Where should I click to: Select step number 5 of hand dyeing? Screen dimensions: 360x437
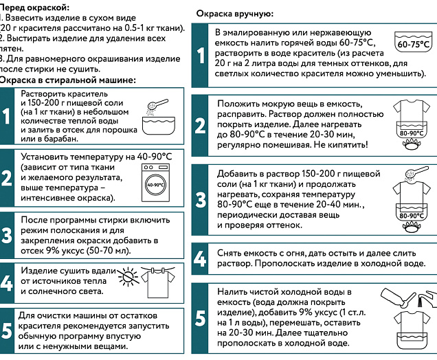tap(201, 318)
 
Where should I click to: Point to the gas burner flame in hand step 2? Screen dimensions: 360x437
tap(414, 146)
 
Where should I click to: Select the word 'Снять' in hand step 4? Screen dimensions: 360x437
tap(229, 252)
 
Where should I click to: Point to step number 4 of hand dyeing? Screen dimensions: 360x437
tap(201, 258)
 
